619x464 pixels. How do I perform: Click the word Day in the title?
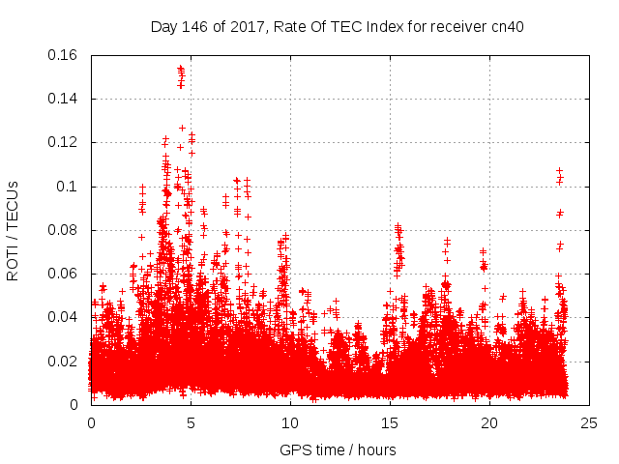click(x=163, y=26)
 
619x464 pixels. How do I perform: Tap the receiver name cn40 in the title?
click(x=505, y=26)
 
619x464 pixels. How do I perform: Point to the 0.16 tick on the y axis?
click(x=64, y=55)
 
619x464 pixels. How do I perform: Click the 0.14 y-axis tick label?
click(x=64, y=99)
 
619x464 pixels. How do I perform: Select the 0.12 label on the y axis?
click(x=64, y=142)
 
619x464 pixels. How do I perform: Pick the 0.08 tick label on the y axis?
click(x=64, y=230)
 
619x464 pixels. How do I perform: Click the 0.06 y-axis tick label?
click(x=64, y=274)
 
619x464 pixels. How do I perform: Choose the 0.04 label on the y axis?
click(x=64, y=317)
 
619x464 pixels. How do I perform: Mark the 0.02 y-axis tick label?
click(x=64, y=362)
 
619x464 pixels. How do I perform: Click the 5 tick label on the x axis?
click(x=191, y=422)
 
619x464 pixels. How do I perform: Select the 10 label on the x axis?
click(x=290, y=422)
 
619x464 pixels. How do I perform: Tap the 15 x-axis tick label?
click(x=390, y=422)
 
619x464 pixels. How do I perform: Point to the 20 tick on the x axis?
click(x=489, y=422)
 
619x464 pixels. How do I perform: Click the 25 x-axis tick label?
click(x=589, y=422)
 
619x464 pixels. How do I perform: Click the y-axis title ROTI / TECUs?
click(x=14, y=230)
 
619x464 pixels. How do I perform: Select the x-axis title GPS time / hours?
click(x=338, y=449)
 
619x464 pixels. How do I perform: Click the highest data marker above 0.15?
click(x=181, y=69)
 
